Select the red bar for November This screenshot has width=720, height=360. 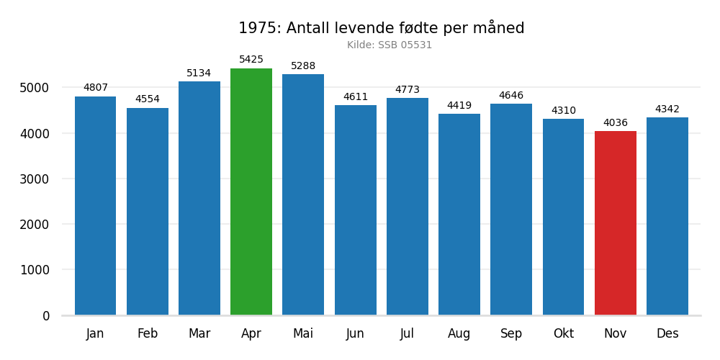coord(615,223)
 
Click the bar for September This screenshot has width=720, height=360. coord(511,210)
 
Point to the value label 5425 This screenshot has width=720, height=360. coord(251,60)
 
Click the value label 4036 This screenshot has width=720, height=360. coord(615,123)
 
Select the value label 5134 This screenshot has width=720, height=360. coord(199,73)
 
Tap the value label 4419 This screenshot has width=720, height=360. coord(459,106)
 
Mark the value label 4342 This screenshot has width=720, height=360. coord(667,109)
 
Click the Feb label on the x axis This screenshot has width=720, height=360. coord(148,334)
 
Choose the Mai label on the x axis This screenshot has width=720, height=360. coord(303,334)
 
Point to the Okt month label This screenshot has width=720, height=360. coord(563,334)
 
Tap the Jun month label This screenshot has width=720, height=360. coord(355,334)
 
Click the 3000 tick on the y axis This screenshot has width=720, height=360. coord(35,179)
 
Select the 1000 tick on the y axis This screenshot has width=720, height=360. coord(35,270)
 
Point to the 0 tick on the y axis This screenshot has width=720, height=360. coord(46,315)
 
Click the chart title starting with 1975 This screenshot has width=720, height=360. coord(381,29)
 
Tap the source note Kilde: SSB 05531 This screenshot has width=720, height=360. coord(390,45)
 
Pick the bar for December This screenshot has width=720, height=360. coord(667,216)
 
